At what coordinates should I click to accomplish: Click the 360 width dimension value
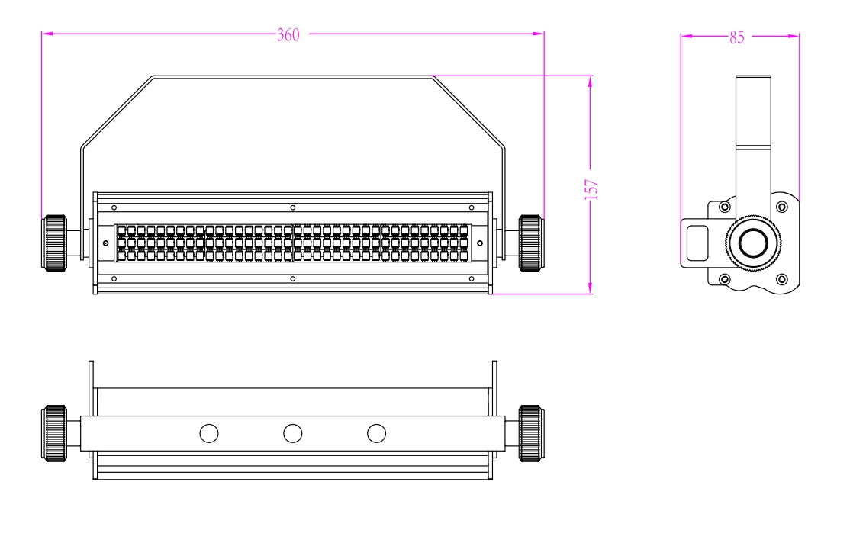(288, 35)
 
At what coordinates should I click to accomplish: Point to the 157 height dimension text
(592, 189)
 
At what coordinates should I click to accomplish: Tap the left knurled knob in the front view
(55, 243)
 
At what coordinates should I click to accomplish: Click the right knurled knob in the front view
(530, 243)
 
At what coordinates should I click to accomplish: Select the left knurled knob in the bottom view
(55, 433)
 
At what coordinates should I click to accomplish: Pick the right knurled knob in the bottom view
(530, 433)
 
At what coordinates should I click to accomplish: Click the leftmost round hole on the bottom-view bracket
(208, 434)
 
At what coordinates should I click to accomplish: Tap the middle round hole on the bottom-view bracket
(292, 434)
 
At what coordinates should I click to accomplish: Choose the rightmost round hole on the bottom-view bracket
(376, 434)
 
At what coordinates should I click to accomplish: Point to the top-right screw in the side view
(782, 207)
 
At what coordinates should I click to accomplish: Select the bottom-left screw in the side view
(724, 279)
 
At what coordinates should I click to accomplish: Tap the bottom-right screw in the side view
(782, 279)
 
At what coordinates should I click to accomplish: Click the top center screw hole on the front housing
(292, 207)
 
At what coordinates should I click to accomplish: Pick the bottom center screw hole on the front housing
(292, 279)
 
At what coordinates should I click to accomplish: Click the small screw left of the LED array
(105, 243)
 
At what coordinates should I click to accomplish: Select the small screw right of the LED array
(480, 243)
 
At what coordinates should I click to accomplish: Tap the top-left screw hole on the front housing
(114, 207)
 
